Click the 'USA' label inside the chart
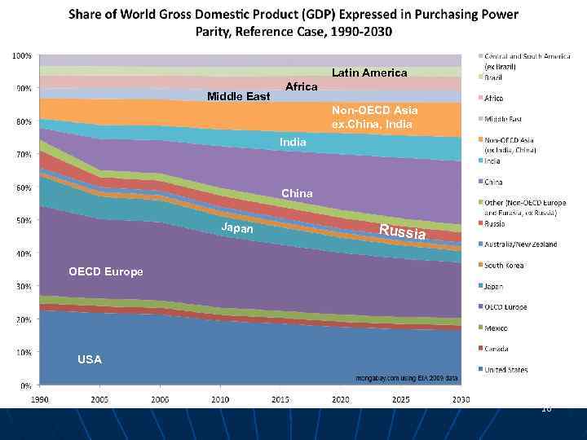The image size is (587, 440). (x=90, y=359)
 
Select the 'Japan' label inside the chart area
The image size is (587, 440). (x=237, y=229)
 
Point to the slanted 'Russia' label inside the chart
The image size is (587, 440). (x=402, y=231)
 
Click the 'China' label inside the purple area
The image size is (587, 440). (x=297, y=193)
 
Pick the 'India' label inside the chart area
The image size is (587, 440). (x=293, y=142)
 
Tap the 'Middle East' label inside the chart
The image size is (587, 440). (x=238, y=96)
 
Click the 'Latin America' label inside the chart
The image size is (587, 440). (x=369, y=73)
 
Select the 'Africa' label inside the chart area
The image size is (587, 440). (x=301, y=86)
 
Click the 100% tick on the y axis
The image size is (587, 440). (x=22, y=55)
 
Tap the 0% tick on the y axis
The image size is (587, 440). (x=26, y=385)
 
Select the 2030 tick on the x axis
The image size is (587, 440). (x=461, y=398)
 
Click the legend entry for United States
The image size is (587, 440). (x=505, y=370)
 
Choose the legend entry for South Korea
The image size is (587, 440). (x=505, y=266)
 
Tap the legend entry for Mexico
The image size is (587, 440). (x=496, y=328)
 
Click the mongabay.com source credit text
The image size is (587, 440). (x=408, y=378)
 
